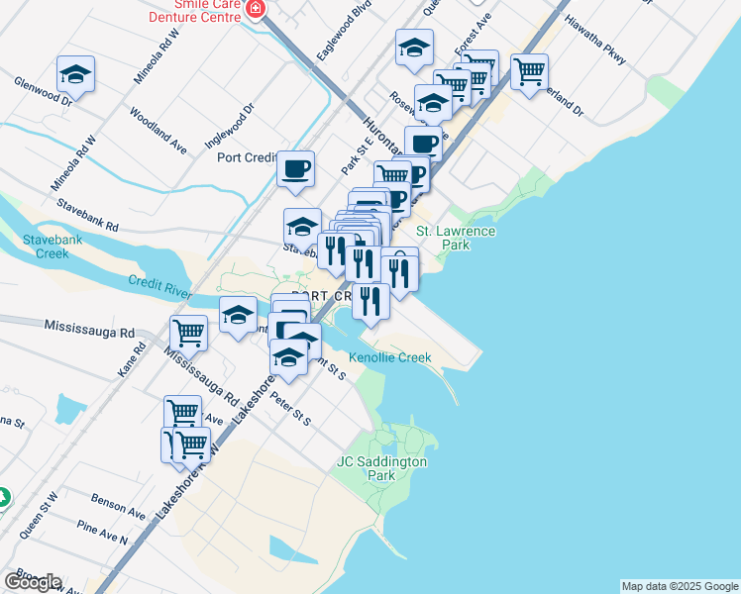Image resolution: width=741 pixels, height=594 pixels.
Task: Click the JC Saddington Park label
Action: click(381, 468)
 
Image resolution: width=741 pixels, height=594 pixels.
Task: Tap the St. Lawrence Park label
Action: click(455, 238)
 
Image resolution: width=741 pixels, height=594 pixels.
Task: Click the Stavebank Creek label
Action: click(47, 247)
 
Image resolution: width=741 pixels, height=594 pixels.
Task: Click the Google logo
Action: click(33, 582)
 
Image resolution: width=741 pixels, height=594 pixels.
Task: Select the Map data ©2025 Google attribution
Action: click(679, 586)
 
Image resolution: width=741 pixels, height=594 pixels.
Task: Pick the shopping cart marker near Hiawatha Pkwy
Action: click(530, 70)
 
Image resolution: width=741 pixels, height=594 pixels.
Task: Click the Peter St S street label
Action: click(290, 407)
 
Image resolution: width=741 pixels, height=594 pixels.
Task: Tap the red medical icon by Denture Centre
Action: click(256, 10)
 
